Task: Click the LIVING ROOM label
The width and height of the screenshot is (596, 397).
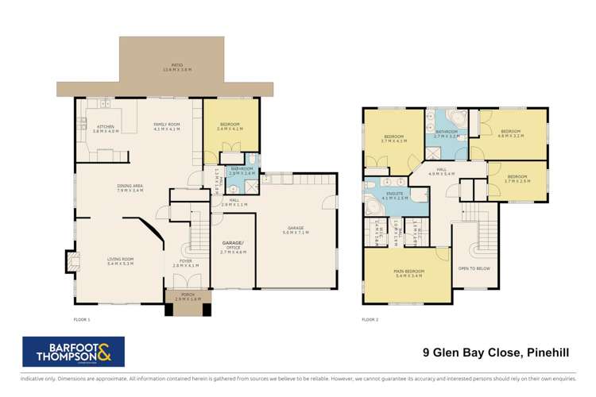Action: [122, 260]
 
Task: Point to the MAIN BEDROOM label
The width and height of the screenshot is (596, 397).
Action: [406, 273]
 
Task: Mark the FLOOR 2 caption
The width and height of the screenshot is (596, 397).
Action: [370, 318]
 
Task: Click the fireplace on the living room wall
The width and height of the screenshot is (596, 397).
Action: [74, 260]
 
